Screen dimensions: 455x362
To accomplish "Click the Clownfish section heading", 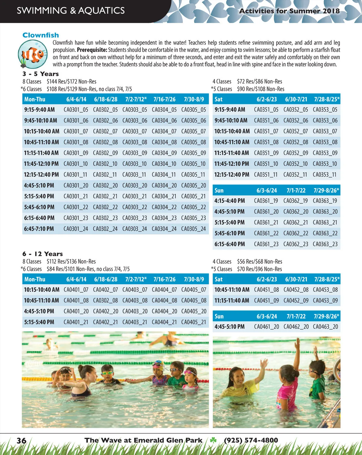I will (x=41, y=35).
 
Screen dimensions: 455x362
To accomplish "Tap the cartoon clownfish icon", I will (x=33, y=55).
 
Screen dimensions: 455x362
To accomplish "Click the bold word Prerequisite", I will (x=92, y=50).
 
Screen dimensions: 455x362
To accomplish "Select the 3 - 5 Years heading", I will (x=40, y=74).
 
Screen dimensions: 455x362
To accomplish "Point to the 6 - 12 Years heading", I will (x=43, y=254).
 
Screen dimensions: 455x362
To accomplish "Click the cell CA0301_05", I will (x=76, y=110).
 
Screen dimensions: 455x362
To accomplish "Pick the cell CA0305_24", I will (x=193, y=229).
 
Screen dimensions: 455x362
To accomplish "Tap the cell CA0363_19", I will (x=325, y=201).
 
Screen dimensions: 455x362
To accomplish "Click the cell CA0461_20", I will (x=266, y=327).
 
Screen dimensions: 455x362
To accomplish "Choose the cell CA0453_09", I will (x=325, y=301).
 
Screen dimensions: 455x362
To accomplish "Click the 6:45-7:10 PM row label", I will (x=39, y=229).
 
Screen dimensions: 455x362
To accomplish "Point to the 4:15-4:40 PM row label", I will (x=229, y=201).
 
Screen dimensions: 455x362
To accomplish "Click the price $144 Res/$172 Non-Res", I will (x=71, y=81).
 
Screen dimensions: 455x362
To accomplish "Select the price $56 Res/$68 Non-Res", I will (x=259, y=262).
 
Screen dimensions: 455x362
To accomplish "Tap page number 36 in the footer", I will (x=21, y=441).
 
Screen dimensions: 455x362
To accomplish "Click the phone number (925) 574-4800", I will (x=251, y=440).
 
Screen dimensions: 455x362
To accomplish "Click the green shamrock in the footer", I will (x=213, y=440).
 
